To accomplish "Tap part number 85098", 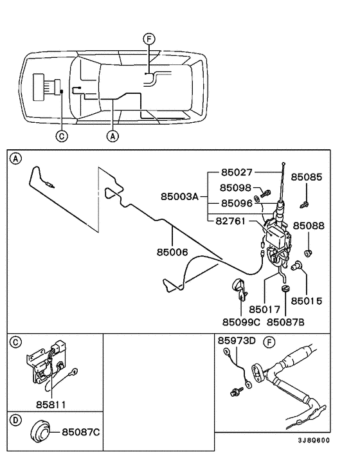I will (237, 188).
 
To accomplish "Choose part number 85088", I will (309, 226).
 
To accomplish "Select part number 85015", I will (307, 300).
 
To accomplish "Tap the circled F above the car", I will (149, 39).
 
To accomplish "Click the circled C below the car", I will (61, 136).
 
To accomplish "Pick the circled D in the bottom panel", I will (16, 418).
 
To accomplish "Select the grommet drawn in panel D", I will (42, 431).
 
